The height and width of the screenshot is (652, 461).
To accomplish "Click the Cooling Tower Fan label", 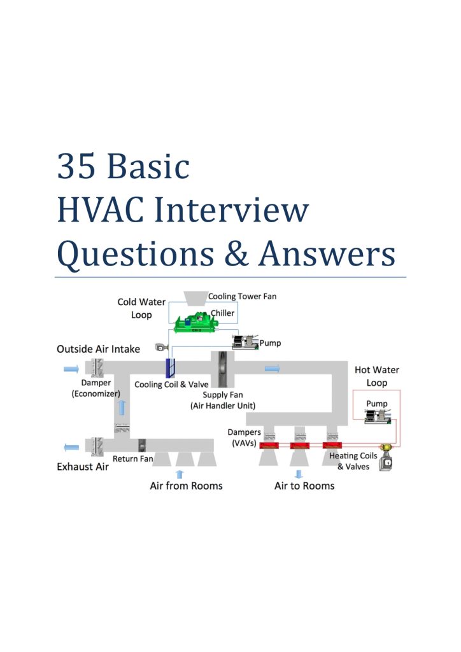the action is pos(243,296).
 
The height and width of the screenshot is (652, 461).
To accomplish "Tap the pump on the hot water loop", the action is pos(378,416).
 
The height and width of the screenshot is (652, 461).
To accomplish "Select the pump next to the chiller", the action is pos(245,341).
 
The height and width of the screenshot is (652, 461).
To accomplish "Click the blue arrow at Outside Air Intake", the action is pos(71,368).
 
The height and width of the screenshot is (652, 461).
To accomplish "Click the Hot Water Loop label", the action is pos(376,376).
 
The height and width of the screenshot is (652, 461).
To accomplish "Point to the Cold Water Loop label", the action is pos(141,308).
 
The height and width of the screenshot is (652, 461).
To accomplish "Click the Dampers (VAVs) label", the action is pos(245,437).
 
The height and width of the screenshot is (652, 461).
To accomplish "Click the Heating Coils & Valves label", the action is pos(353,461).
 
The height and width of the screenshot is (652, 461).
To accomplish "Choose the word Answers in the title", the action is pos(327,255).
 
